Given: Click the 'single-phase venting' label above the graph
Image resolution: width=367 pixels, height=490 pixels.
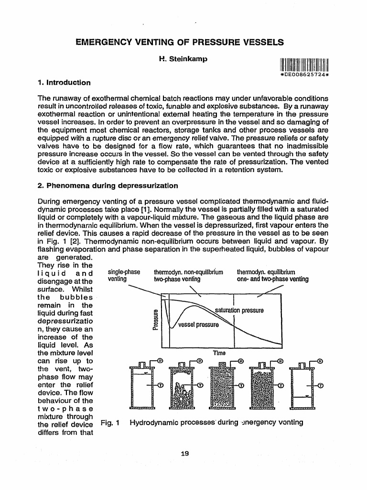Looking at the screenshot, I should [124, 276].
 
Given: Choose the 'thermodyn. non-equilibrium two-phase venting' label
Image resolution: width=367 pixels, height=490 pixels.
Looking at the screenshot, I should [188, 276].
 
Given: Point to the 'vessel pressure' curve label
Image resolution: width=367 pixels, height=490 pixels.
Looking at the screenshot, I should [198, 325].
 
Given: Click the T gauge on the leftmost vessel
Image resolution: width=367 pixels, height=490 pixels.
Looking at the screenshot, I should [161, 385].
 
